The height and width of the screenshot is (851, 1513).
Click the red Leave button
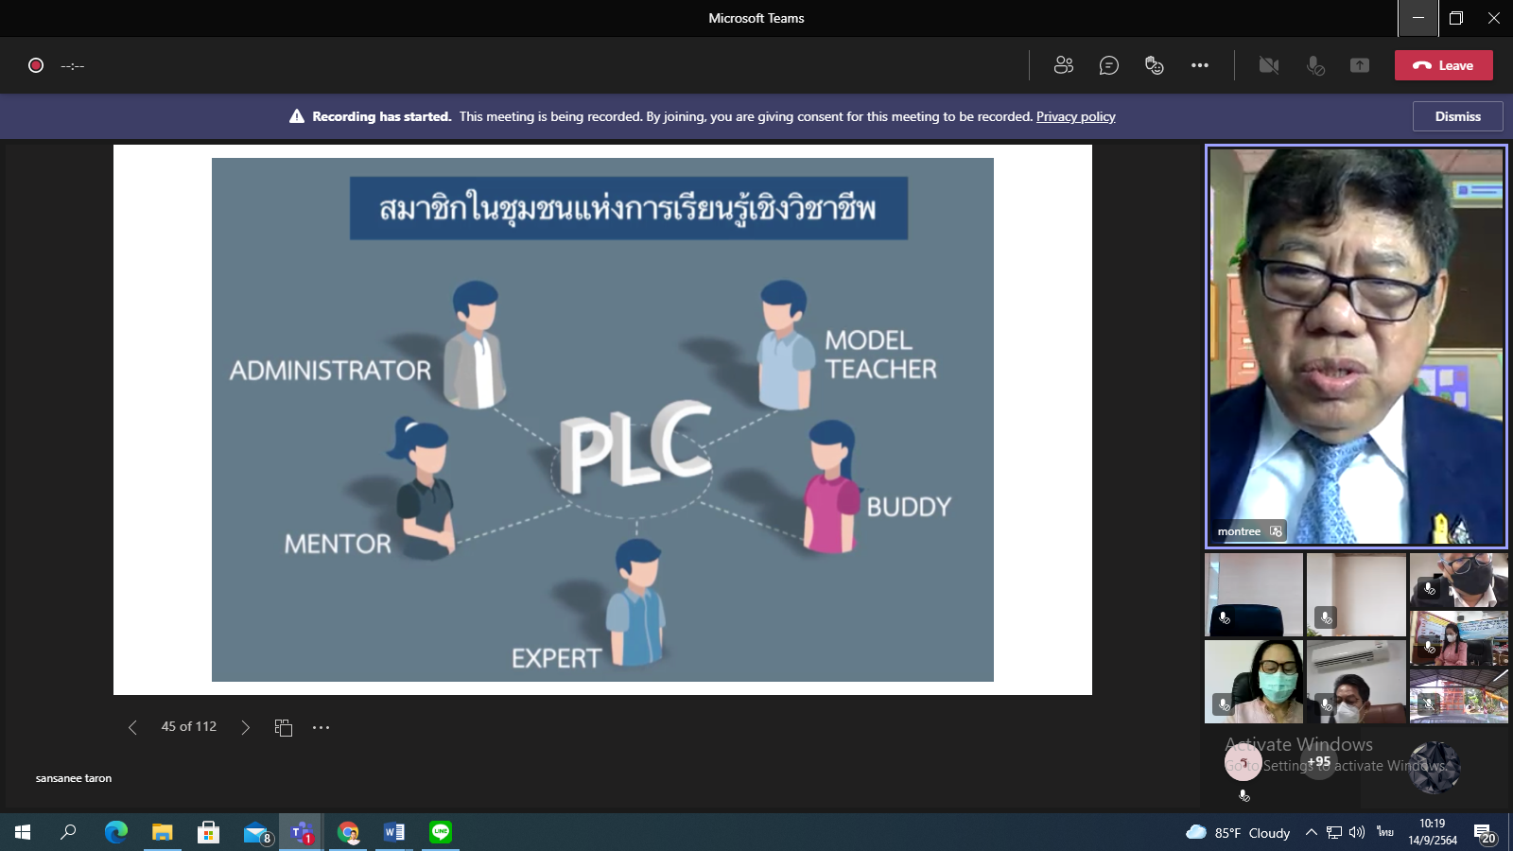coord(1443,65)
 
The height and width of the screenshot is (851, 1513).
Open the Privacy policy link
coord(1075,116)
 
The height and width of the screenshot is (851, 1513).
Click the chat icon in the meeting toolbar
coord(1109,65)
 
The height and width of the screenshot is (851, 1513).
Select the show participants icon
coord(1064,65)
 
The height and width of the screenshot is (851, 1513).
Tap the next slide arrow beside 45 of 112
coord(246,727)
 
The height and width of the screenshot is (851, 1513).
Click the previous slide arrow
coord(132,727)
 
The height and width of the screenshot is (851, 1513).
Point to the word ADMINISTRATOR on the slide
coord(330,370)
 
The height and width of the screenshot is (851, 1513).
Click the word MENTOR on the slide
coord(338,544)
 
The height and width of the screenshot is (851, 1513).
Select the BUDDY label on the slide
coord(908,507)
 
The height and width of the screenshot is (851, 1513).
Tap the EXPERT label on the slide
coord(556,658)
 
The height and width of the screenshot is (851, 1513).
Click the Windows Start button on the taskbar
coord(23,832)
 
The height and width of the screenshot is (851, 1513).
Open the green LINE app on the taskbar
coord(441,832)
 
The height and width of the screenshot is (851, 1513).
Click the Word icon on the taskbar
coord(394,832)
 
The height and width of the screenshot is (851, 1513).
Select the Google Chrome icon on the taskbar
coord(348,832)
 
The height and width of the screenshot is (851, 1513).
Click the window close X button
coord(1493,18)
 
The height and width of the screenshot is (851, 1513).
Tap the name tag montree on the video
coord(1239,531)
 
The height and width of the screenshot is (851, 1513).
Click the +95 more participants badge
coord(1319,762)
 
